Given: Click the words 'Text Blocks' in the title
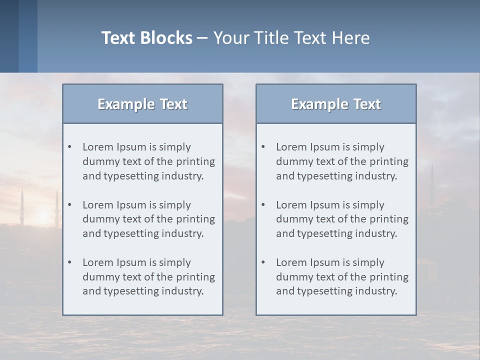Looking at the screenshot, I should [146, 38].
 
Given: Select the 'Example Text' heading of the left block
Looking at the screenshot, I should [142, 104].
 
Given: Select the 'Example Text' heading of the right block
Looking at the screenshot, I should [336, 104].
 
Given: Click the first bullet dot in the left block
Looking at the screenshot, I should [70, 147].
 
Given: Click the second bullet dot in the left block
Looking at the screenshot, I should [70, 205].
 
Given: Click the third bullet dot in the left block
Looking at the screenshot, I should [70, 262].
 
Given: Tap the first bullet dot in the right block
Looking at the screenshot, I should [263, 147].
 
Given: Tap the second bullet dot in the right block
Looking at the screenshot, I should [263, 205].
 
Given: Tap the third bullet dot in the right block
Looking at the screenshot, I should [263, 262].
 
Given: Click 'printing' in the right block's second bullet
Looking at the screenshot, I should [388, 219].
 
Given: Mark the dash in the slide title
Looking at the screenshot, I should [202, 38].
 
